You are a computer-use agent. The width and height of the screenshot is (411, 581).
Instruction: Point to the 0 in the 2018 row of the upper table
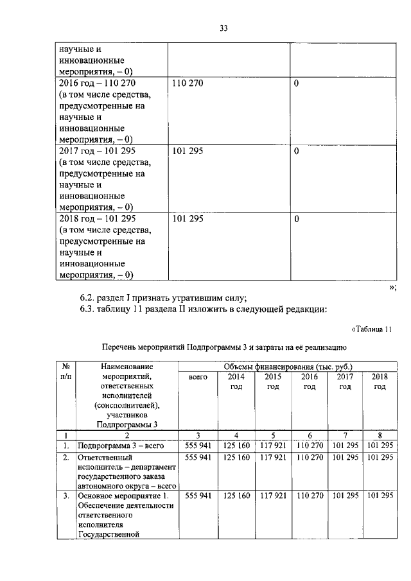coord(296,220)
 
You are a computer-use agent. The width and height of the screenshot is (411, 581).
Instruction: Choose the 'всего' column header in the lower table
coord(198,377)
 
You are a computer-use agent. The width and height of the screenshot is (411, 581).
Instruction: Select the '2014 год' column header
coord(236,382)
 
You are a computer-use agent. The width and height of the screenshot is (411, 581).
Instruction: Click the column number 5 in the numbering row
coord(272,435)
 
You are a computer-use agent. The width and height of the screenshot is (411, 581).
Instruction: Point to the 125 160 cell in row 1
coord(236,446)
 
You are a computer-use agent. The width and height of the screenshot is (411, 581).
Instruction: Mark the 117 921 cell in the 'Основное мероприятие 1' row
coord(272,496)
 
